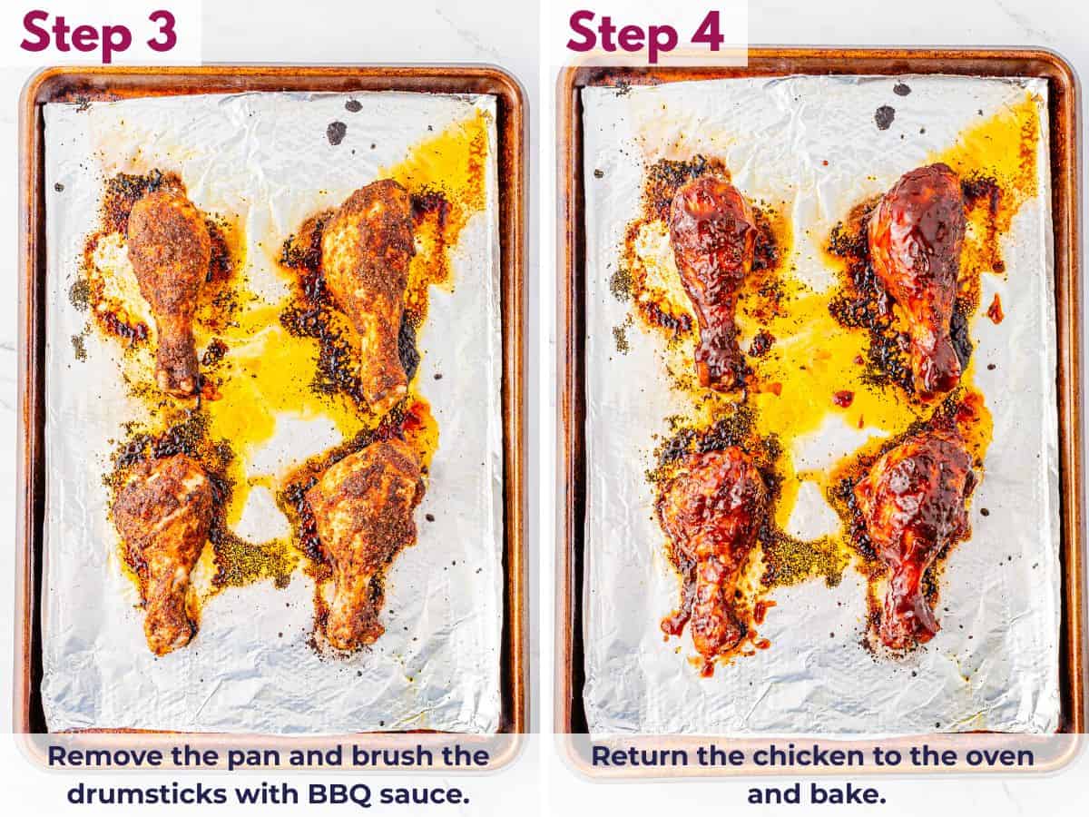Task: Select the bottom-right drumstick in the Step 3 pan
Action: pyautogui.click(x=358, y=531)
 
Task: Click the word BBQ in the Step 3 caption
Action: pyautogui.click(x=349, y=793)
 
